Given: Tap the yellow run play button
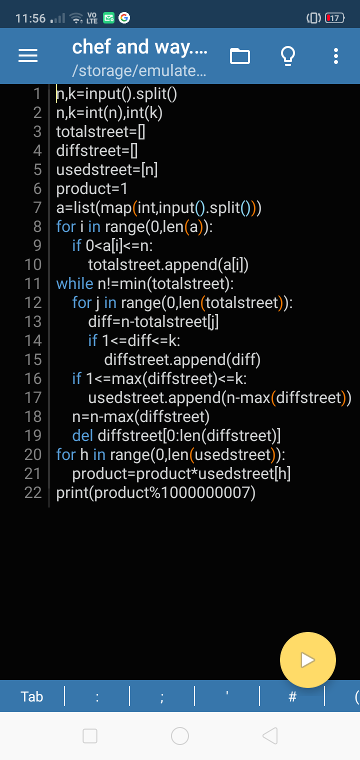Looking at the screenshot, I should [307, 660].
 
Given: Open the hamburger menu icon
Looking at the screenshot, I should [28, 56].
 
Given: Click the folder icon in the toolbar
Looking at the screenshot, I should [240, 56].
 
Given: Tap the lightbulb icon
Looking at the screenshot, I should [288, 56].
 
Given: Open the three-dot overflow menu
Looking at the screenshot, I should [336, 56].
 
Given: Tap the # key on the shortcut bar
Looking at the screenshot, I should [293, 696].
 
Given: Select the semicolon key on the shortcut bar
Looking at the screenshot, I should [162, 696].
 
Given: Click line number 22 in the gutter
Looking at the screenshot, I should [33, 493].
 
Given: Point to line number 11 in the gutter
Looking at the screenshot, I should [33, 284].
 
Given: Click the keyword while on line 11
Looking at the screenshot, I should [74, 284].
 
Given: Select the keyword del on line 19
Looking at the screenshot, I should [82, 436].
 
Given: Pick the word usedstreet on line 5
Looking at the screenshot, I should [95, 170].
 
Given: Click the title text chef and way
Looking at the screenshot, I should [139, 47].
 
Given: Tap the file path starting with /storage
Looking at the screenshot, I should [139, 70].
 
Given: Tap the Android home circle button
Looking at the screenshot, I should [180, 735].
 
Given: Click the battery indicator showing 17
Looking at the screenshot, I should [334, 18].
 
